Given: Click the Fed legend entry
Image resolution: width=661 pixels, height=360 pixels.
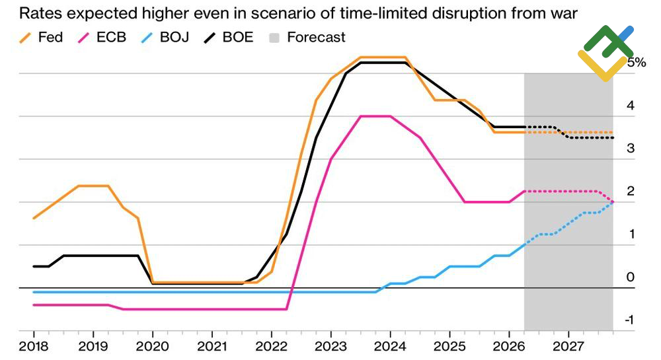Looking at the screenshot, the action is coord(41,38).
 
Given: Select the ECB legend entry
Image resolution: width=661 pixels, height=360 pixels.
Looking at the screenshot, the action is coord(102,38).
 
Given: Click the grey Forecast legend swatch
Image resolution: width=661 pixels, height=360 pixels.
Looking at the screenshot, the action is coord(274,38).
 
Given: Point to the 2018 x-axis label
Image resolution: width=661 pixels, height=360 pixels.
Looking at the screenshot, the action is coord(33,347).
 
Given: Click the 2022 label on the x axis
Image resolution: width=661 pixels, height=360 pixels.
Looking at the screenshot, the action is coord(272,347).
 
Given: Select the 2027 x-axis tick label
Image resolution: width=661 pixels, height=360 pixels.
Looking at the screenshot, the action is coord(568,347).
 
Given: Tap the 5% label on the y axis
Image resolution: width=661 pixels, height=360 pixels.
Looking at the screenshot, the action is coord(637,62).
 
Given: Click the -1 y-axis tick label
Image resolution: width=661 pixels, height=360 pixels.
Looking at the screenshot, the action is coord(629,320).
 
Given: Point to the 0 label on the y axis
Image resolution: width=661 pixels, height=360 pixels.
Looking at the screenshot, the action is coord(631,277).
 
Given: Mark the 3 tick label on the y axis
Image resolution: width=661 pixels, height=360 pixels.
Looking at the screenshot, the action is coord(631,148).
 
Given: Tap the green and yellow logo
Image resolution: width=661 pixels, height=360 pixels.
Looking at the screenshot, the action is coord(605,53).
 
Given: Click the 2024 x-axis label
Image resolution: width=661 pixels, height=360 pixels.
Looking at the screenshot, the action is coord(391,347).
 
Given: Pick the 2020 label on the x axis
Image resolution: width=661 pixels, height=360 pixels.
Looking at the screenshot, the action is coord(152,347).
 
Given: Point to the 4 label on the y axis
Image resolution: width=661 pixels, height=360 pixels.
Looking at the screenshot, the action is coord(631,105).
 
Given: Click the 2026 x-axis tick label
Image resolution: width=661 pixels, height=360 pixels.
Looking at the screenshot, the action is coord(509,347).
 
